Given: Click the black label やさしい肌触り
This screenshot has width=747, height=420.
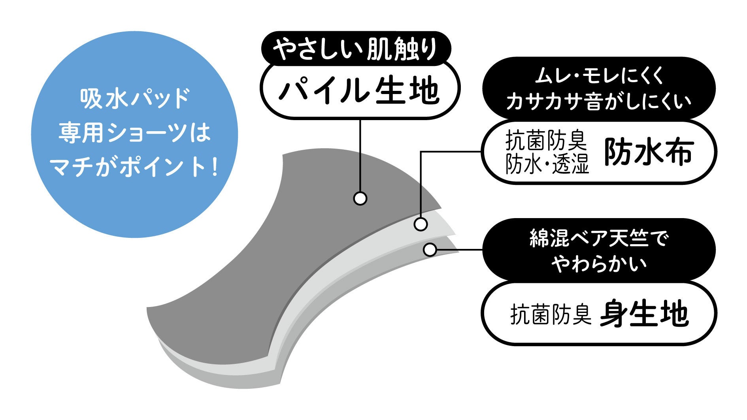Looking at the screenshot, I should pos(355,49).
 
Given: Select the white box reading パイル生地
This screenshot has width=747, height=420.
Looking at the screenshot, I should pos(359,90).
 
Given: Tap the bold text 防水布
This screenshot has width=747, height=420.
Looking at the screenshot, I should pos(649,152).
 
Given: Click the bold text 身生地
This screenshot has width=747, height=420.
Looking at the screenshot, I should pos(644,314).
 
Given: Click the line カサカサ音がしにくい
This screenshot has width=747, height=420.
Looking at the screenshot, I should pos(599,101).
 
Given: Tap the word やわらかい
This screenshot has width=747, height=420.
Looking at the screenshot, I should pos(599,264).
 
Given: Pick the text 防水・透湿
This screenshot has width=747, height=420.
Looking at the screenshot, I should pos(547,164).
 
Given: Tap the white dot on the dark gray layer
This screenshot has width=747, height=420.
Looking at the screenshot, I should pos(360,198).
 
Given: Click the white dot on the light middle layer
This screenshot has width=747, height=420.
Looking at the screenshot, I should pos(421,224).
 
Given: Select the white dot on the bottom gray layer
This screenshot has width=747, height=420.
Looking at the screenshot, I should pos(430,250).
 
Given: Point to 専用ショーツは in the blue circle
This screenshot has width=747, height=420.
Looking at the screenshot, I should pos(135,133).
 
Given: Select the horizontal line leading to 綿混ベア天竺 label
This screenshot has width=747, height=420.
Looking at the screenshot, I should pos(458,250).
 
